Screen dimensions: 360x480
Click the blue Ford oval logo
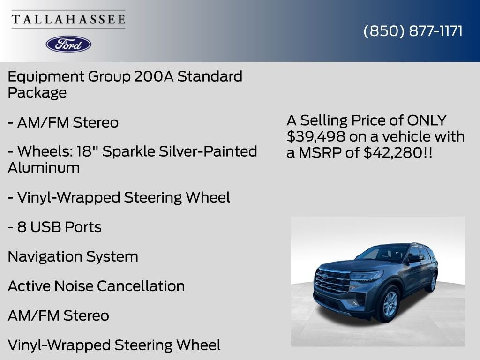click(68, 44)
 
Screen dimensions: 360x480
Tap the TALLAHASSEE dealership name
click(68, 20)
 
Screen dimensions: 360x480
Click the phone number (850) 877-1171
click(413, 31)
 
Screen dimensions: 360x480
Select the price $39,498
click(315, 136)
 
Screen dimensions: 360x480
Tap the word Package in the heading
click(37, 92)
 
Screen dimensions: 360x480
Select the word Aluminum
click(44, 167)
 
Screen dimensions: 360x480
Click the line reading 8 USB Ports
click(54, 227)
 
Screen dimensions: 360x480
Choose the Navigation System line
click(73, 256)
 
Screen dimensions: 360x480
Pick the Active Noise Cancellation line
click(96, 286)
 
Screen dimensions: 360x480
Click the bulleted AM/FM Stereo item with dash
click(63, 122)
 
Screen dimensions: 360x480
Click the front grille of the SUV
click(332, 280)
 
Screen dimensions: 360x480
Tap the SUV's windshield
click(382, 254)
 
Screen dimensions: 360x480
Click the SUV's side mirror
click(414, 259)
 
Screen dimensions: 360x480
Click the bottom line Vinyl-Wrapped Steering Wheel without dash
click(114, 345)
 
